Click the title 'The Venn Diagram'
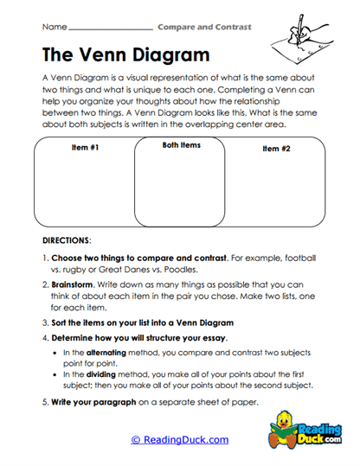pos(125,56)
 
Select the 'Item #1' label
pos(85,149)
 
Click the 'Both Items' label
pos(181,145)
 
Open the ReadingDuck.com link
pos(180,439)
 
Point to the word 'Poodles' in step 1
pos(202,271)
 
